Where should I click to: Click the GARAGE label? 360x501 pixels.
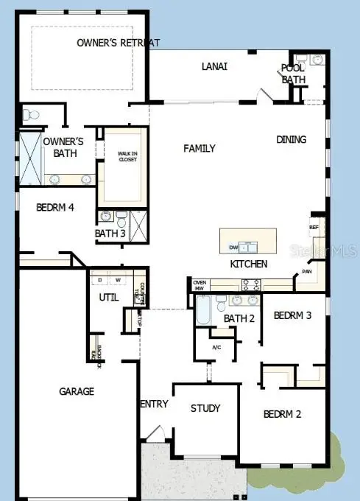(x=76, y=391)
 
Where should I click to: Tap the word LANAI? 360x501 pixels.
(x=214, y=66)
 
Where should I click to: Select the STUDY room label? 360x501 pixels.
(x=205, y=408)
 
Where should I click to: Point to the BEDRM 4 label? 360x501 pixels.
(x=54, y=208)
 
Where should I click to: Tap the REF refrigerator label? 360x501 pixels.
(x=313, y=228)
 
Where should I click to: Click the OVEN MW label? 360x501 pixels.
(x=199, y=284)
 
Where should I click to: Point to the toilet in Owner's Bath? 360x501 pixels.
(x=30, y=115)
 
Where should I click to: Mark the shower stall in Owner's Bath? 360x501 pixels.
(x=29, y=158)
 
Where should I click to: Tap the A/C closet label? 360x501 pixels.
(x=216, y=347)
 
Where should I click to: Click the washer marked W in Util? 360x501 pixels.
(x=117, y=280)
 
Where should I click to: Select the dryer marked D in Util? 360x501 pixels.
(x=100, y=280)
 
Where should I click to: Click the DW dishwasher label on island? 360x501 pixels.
(x=233, y=247)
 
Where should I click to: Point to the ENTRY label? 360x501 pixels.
(x=154, y=404)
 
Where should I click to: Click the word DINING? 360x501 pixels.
(x=292, y=139)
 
